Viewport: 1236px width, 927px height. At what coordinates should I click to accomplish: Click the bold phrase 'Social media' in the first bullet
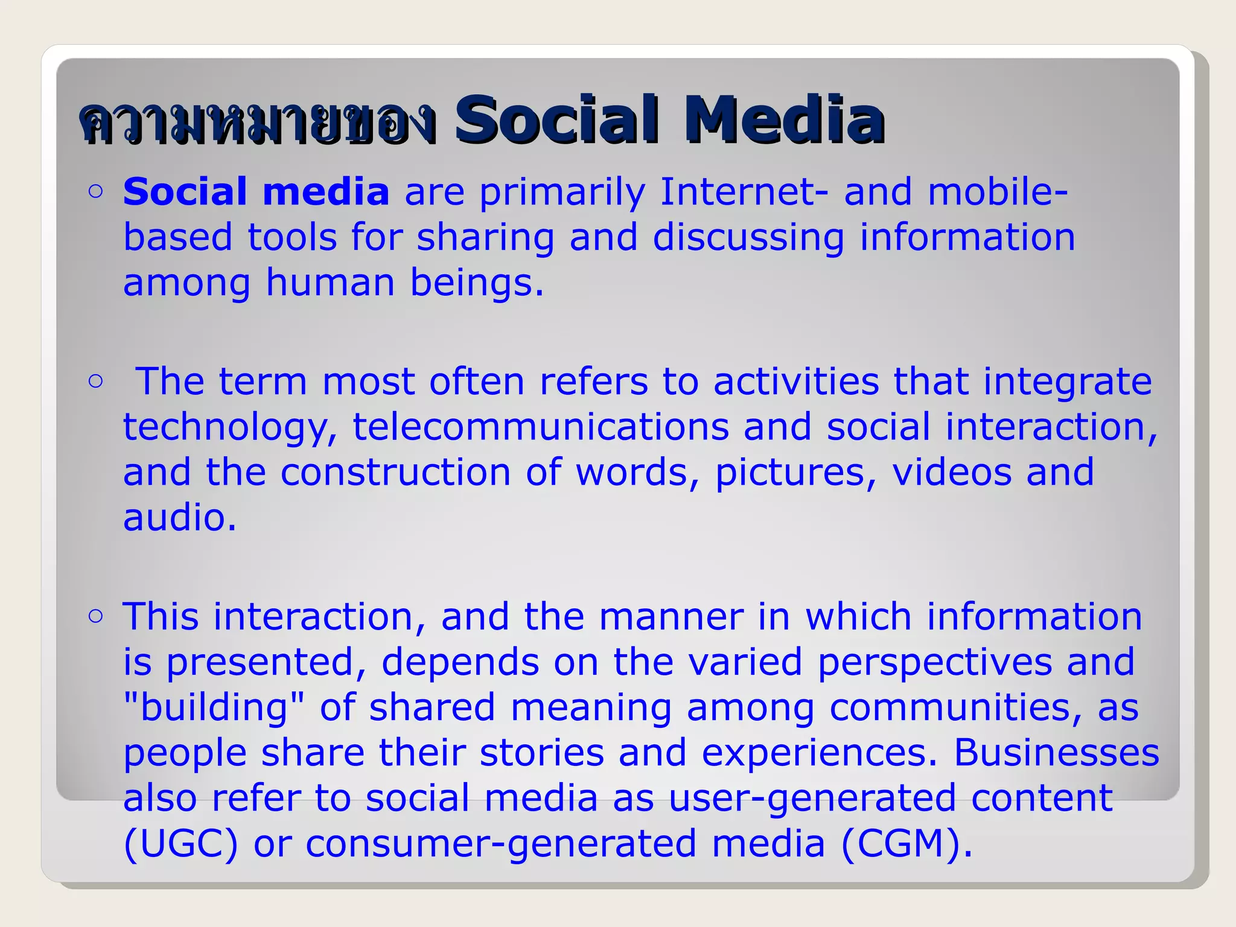[x=256, y=192]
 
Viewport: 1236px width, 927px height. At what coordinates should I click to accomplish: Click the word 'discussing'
[x=748, y=238]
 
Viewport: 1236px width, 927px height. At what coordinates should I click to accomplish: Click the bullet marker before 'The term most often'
[x=95, y=381]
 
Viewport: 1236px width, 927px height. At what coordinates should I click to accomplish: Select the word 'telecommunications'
[x=541, y=427]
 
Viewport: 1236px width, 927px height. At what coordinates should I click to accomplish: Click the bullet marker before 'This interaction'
[x=95, y=616]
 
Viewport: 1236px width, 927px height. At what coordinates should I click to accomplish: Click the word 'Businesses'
[x=1056, y=753]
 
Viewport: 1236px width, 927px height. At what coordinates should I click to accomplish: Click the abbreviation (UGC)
[x=180, y=844]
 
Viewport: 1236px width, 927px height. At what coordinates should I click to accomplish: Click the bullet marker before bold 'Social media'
[x=95, y=191]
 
